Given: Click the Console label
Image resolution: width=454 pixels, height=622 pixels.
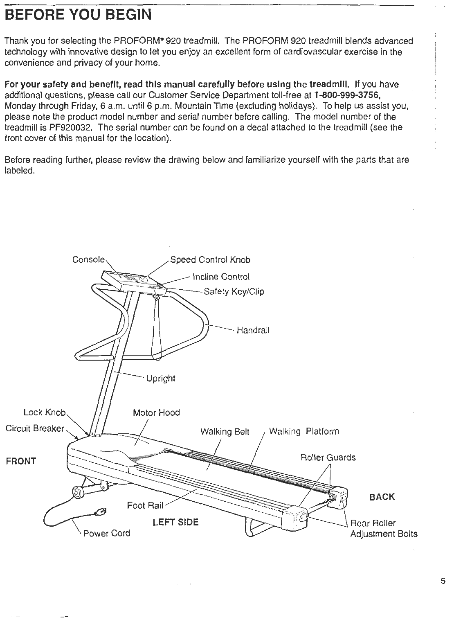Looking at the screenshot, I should [89, 260].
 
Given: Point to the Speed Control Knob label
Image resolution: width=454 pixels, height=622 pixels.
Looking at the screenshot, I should [210, 260].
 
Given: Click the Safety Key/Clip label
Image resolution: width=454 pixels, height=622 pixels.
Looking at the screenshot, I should [234, 291].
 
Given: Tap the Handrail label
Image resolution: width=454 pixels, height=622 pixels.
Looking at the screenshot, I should [253, 330].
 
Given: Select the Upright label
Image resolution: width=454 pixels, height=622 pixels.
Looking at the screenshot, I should [161, 378].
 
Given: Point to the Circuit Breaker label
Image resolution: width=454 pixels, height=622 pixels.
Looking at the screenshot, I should [35, 428].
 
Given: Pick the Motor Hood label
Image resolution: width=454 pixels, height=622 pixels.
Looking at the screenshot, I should [156, 412].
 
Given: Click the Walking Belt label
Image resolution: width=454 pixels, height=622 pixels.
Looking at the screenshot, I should [225, 432].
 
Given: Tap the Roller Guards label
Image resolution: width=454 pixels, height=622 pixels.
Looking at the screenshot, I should [328, 457].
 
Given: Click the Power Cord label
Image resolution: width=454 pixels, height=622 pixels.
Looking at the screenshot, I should [107, 533].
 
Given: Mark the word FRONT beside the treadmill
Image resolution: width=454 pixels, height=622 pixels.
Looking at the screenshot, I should [21, 461].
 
